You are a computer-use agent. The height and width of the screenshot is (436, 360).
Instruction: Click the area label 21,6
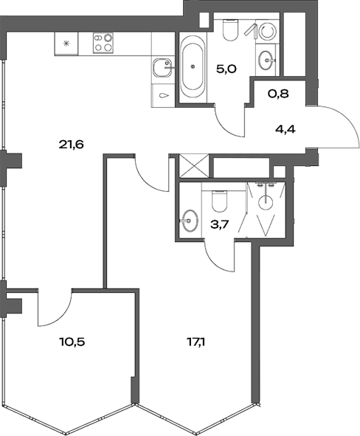click(72, 145)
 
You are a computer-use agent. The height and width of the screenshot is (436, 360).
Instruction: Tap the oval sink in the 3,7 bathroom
click(190, 220)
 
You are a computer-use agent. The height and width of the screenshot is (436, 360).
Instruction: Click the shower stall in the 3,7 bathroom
click(267, 207)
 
